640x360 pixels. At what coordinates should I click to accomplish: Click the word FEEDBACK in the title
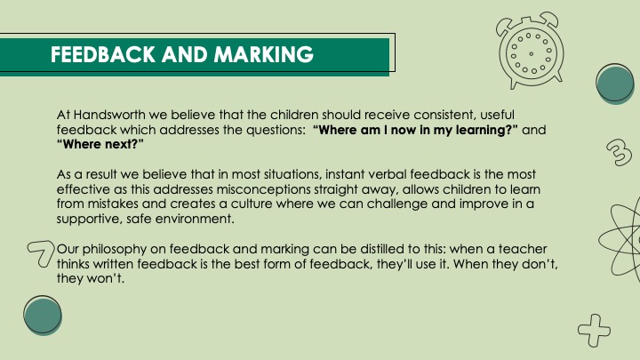click(x=103, y=54)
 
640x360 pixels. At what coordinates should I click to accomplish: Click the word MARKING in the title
click(x=264, y=54)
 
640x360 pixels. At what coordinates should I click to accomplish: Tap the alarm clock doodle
click(x=530, y=50)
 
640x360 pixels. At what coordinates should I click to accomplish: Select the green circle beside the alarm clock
click(x=615, y=84)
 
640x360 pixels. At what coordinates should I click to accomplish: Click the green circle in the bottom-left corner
click(x=43, y=316)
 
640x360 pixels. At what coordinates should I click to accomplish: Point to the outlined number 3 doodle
click(x=620, y=152)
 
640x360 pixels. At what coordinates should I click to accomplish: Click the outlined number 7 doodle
click(x=42, y=253)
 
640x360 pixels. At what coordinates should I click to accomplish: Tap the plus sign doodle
click(x=595, y=330)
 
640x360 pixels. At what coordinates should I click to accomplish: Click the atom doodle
click(x=620, y=241)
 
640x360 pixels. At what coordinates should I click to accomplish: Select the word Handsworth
click(x=109, y=115)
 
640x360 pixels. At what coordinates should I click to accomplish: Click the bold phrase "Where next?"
click(x=100, y=144)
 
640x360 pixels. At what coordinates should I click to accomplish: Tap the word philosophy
click(x=115, y=249)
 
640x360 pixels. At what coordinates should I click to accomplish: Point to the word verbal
click(x=388, y=174)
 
